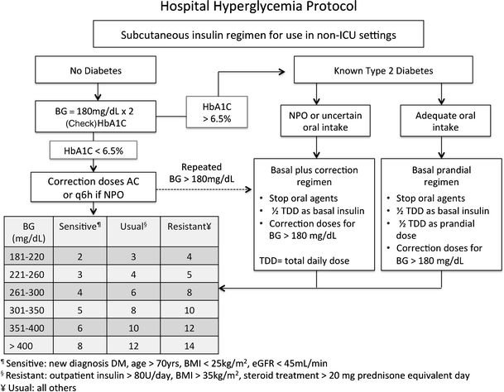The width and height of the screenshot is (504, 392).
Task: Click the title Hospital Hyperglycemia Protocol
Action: pos(251,9)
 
